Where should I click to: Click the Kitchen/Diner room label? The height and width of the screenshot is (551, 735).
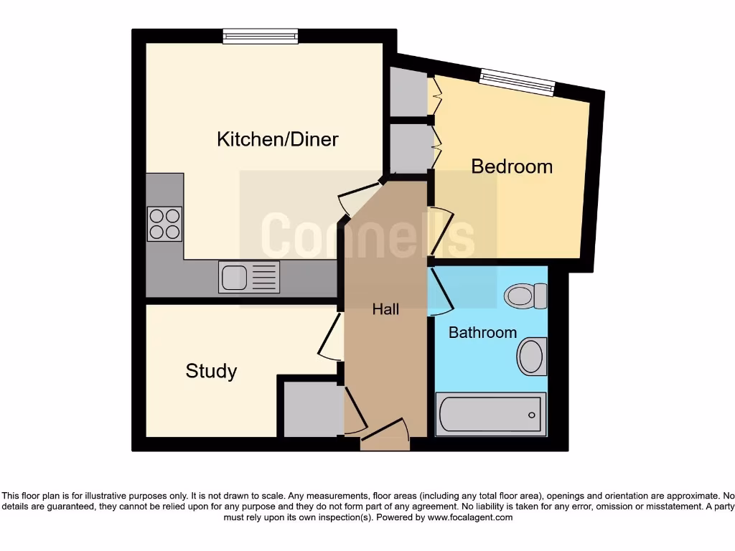[277, 139]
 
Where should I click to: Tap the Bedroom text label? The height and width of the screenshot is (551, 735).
[512, 166]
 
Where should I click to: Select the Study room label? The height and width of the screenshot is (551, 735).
[211, 371]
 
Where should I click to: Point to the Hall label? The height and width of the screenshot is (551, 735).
[385, 309]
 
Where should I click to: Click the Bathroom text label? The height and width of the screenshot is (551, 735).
[482, 332]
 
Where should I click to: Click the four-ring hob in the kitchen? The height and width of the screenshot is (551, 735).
[164, 223]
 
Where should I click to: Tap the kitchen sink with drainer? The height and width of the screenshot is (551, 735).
[248, 277]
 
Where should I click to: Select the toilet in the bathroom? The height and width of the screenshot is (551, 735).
[525, 296]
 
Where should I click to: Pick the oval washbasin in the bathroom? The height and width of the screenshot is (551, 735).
[532, 356]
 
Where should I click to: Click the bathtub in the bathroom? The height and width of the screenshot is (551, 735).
[491, 414]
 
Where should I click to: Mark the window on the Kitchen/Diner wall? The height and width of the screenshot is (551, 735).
[260, 36]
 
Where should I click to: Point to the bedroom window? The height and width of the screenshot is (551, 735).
[517, 82]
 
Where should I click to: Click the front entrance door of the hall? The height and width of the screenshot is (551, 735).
[385, 435]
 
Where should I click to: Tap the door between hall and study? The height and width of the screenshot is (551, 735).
[331, 336]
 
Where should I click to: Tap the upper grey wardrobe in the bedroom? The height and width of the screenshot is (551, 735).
[408, 93]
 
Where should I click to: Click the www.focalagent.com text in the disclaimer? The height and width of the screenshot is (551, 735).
[469, 517]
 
